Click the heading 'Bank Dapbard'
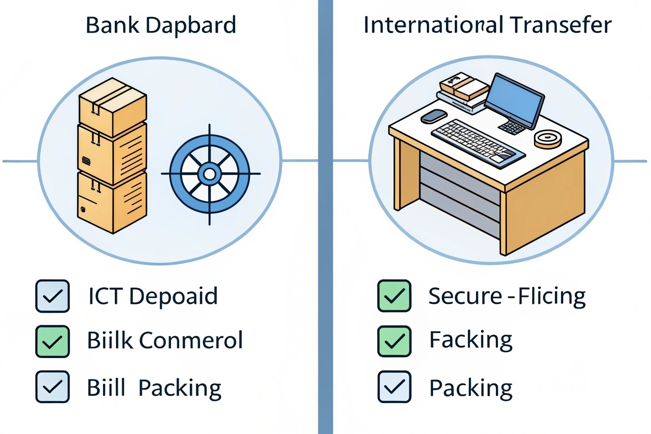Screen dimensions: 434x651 coord(161,25)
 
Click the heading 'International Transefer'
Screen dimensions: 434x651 coord(487,25)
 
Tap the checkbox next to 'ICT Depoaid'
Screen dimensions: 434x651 coord(53,296)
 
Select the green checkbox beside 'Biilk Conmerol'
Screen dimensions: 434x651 coord(53,342)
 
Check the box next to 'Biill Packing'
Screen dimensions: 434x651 coord(53,387)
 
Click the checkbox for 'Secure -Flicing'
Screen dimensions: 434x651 coord(394,296)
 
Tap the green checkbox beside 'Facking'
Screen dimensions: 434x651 coord(394,342)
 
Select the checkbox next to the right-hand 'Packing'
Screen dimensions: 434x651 coord(394,387)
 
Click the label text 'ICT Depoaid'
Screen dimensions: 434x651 coord(153,296)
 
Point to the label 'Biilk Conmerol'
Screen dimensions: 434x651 coord(164,341)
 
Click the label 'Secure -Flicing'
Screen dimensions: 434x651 coord(507,296)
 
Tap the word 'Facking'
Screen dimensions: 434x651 coord(470,341)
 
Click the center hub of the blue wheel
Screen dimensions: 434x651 coord(209,174)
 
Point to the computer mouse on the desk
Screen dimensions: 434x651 coord(434,116)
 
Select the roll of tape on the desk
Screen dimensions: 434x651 coord(548,139)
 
